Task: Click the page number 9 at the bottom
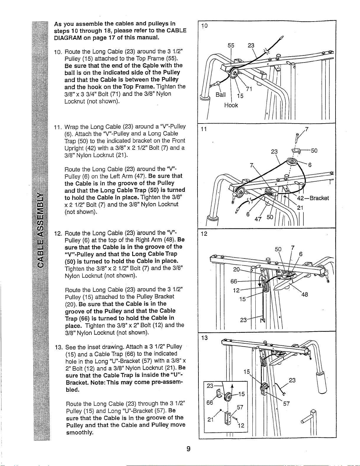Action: click(188, 449)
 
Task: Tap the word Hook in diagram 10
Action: click(231, 105)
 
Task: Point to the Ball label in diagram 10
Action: click(221, 95)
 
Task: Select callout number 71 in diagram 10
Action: click(249, 89)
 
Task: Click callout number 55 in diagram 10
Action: click(231, 45)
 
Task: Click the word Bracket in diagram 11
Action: click(319, 198)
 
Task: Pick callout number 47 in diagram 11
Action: click(258, 219)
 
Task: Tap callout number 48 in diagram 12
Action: click(305, 294)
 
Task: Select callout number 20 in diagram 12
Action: click(236, 269)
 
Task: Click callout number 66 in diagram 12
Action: click(234, 281)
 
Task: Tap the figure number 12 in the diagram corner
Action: click(204, 234)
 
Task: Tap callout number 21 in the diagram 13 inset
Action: click(210, 419)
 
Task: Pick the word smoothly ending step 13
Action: click(80, 433)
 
